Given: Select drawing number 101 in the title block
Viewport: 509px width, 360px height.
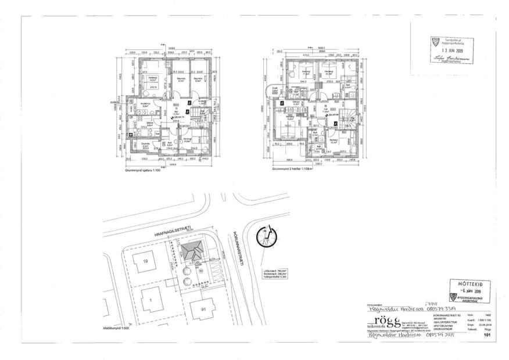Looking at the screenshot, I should (486, 334).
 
